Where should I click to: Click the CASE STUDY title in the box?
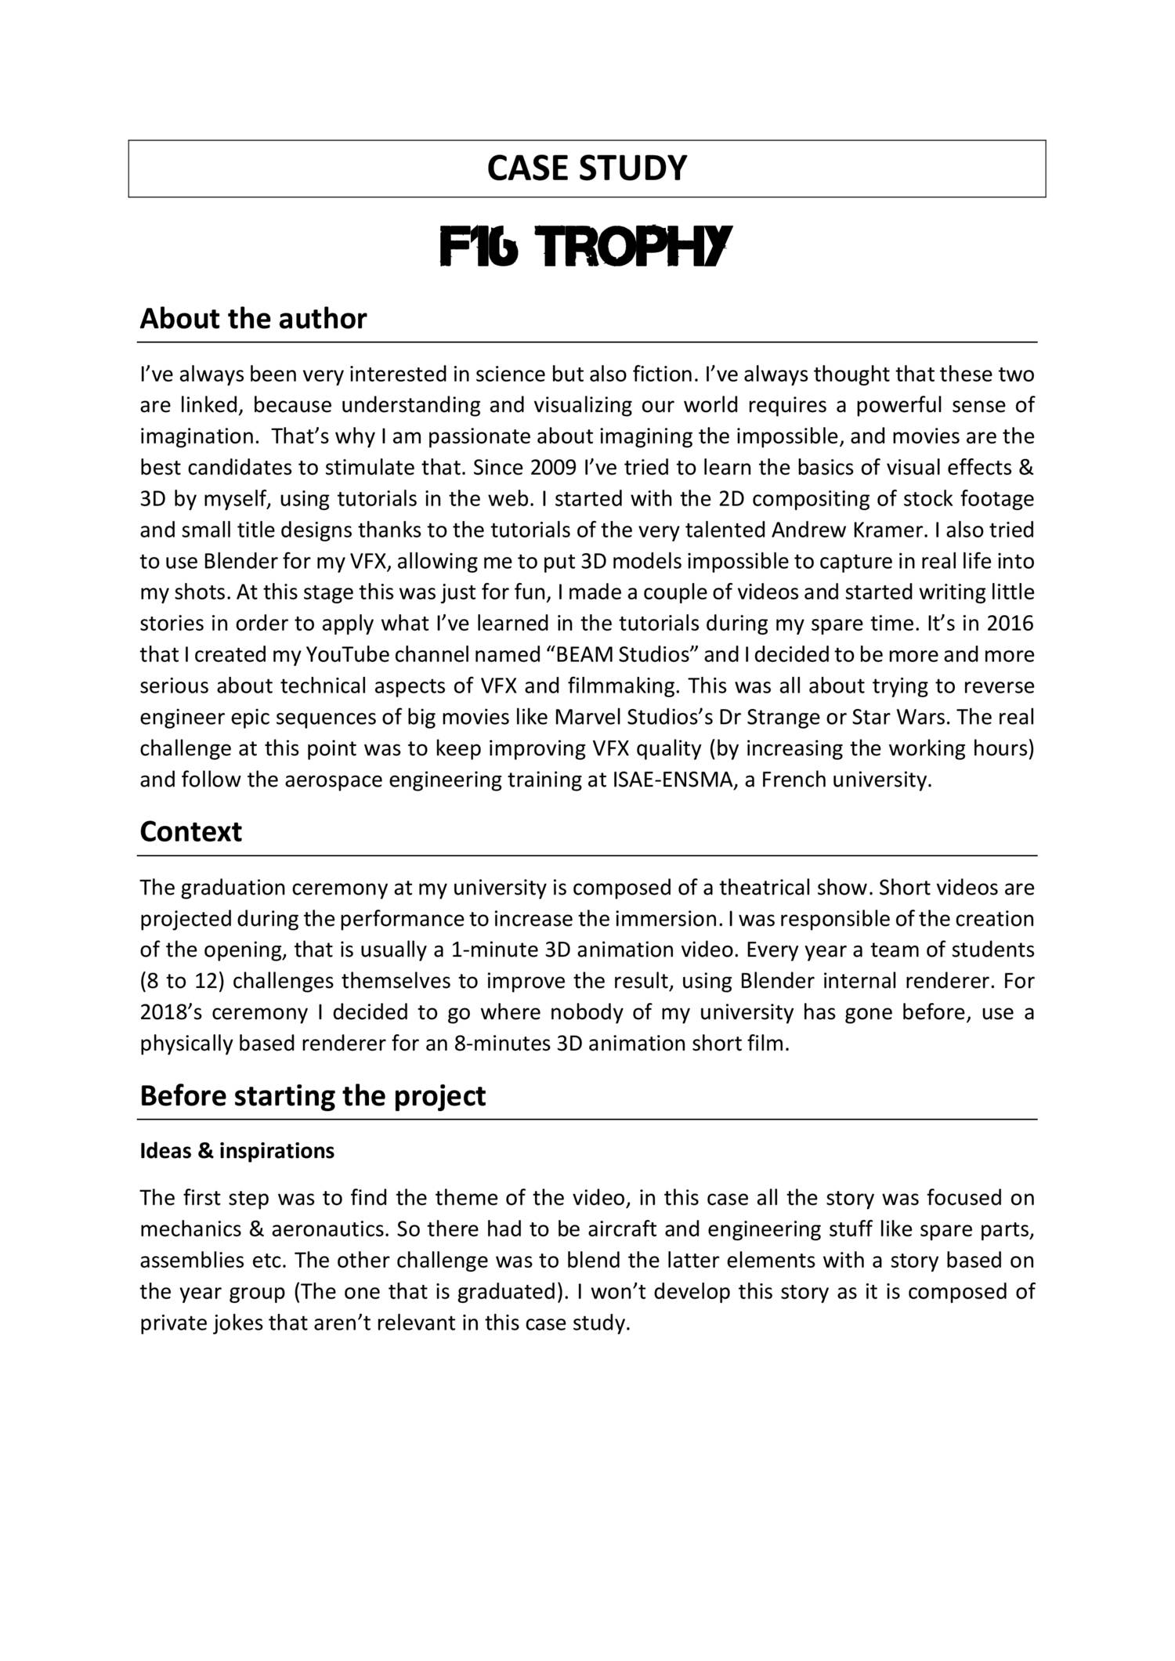tap(587, 168)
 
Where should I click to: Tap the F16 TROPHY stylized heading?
tap(586, 247)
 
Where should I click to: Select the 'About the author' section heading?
tap(253, 319)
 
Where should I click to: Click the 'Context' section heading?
tap(190, 831)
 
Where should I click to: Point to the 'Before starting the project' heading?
tap(313, 1095)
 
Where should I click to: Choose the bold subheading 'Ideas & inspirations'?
tap(237, 1151)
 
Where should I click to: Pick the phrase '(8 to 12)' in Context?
tap(182, 982)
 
